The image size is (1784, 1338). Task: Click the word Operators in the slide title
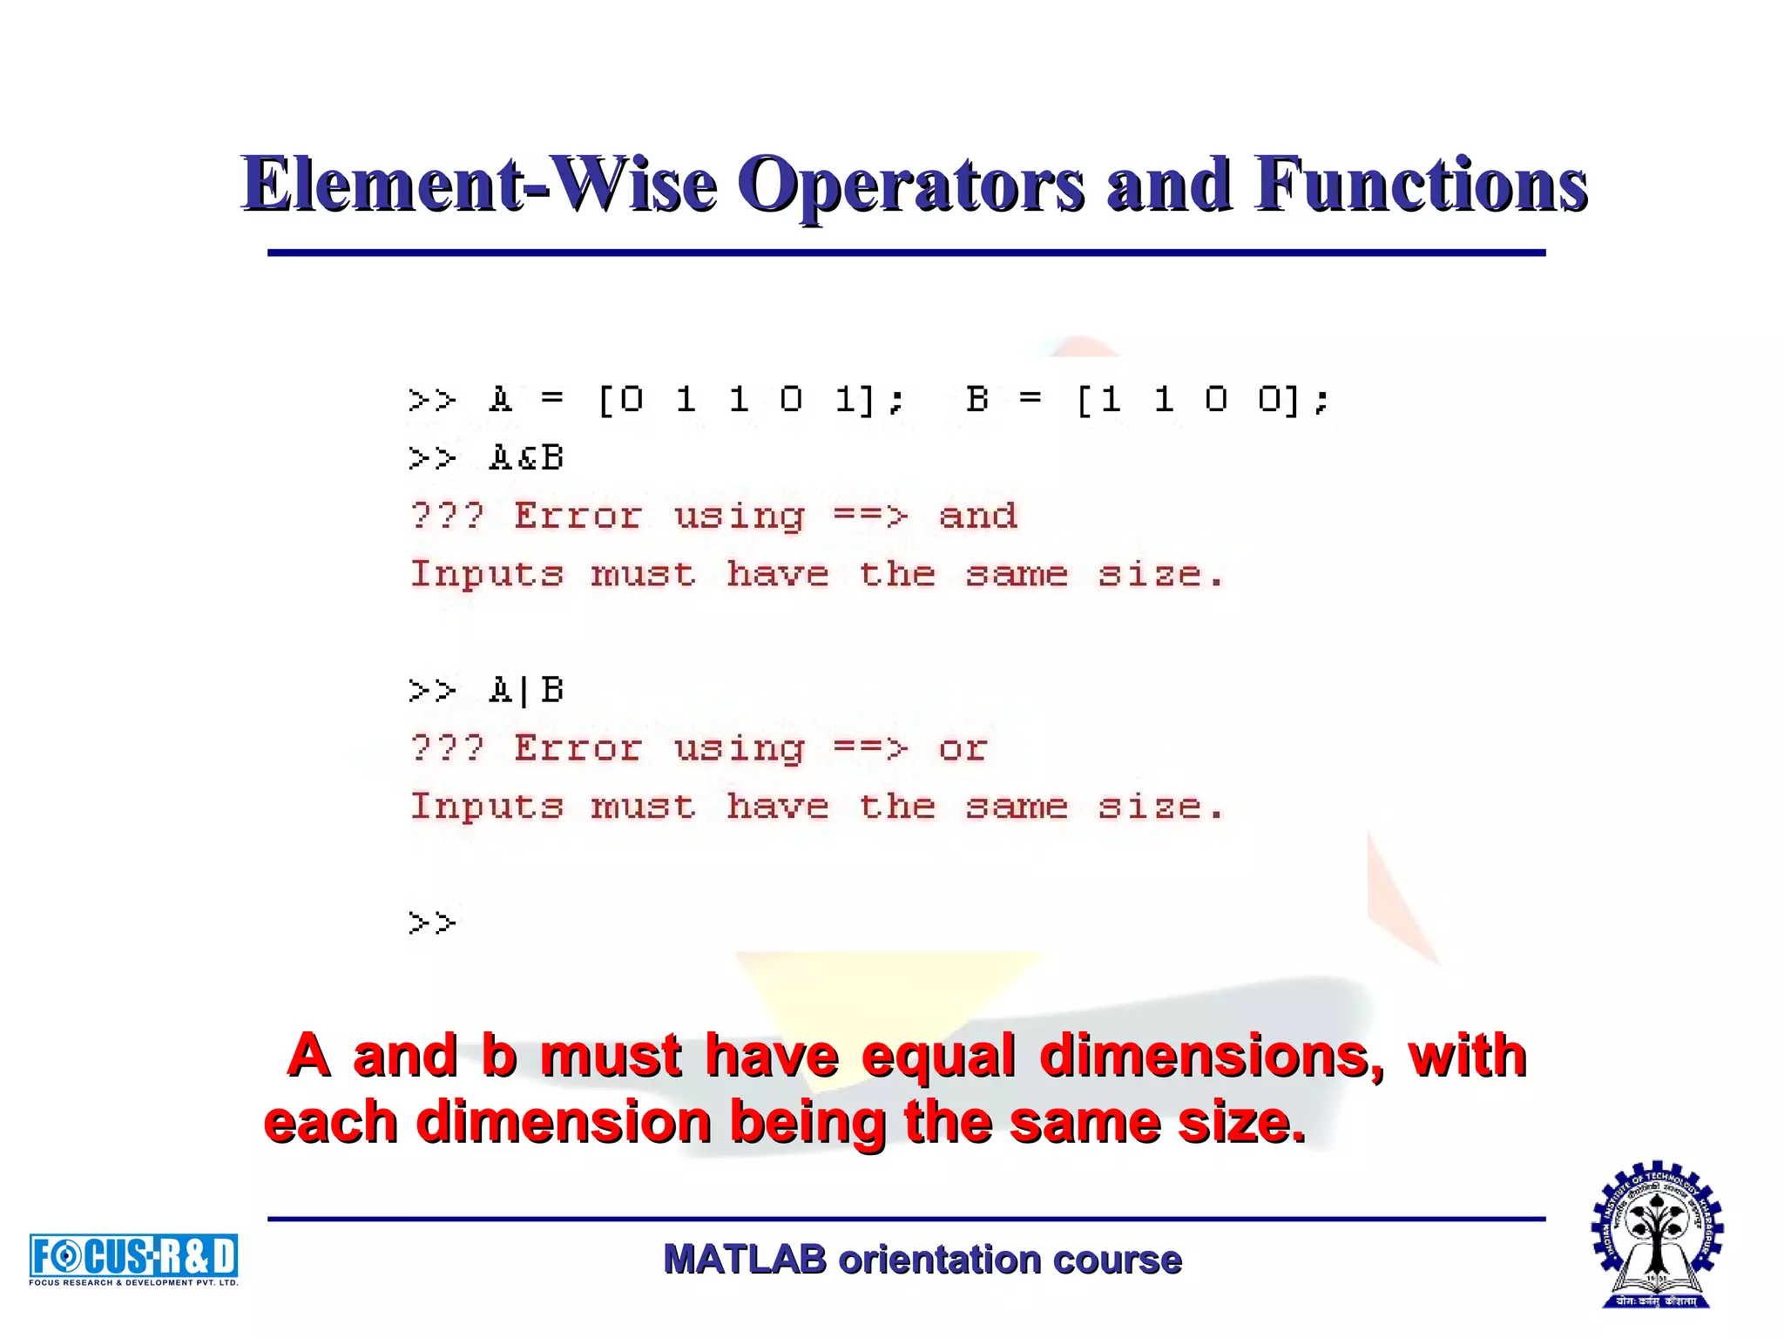(x=916, y=184)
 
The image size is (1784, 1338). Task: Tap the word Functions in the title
(x=1420, y=184)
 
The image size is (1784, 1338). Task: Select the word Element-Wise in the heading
(x=479, y=184)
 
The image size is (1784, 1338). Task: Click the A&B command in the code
(x=526, y=458)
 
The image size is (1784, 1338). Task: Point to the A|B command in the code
(x=526, y=691)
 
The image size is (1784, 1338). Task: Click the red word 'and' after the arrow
(x=977, y=516)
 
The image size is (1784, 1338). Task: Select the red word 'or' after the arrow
(x=963, y=748)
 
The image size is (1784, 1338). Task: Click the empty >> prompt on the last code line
(x=432, y=922)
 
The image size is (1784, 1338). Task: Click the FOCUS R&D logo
(x=133, y=1256)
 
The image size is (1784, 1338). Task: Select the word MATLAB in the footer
(x=745, y=1260)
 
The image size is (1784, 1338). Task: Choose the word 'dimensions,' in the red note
(x=1212, y=1056)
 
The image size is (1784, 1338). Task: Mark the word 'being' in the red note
(x=807, y=1123)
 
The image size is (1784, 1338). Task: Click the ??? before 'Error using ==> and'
(x=447, y=516)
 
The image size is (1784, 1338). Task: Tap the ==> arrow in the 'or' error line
(x=870, y=748)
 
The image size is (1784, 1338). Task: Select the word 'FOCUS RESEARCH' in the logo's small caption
(x=71, y=1282)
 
